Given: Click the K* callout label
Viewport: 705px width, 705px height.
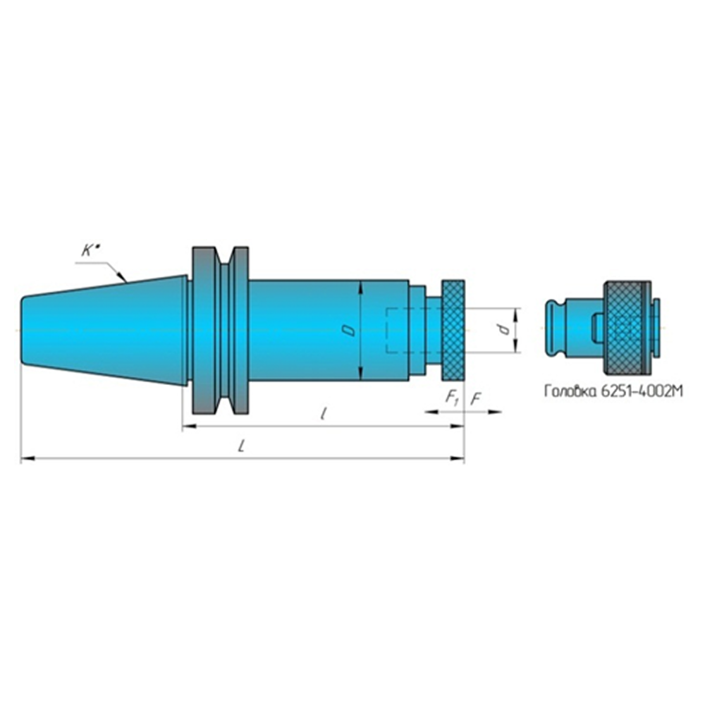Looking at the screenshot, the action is (x=90, y=250).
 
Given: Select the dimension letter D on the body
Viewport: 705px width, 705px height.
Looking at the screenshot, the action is (x=350, y=331).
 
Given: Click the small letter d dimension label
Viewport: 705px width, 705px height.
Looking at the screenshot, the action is (x=505, y=329).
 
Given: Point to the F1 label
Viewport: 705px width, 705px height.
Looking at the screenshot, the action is (x=451, y=398).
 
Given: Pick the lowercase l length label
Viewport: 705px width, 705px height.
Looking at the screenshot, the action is (x=323, y=413).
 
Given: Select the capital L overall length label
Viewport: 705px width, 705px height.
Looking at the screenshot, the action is (x=241, y=446).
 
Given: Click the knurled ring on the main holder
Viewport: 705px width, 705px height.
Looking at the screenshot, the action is (x=453, y=329).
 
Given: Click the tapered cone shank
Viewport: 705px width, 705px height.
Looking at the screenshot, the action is (x=104, y=331).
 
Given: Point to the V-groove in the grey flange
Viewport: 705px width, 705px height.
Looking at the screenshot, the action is (x=224, y=331).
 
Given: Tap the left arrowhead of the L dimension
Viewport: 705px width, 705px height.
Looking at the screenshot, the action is (x=27, y=459).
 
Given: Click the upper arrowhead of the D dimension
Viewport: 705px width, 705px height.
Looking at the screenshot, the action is (x=361, y=288).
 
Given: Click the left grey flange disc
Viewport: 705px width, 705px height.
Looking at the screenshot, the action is (x=204, y=331).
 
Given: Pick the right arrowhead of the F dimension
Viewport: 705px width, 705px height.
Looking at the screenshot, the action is (x=495, y=412).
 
